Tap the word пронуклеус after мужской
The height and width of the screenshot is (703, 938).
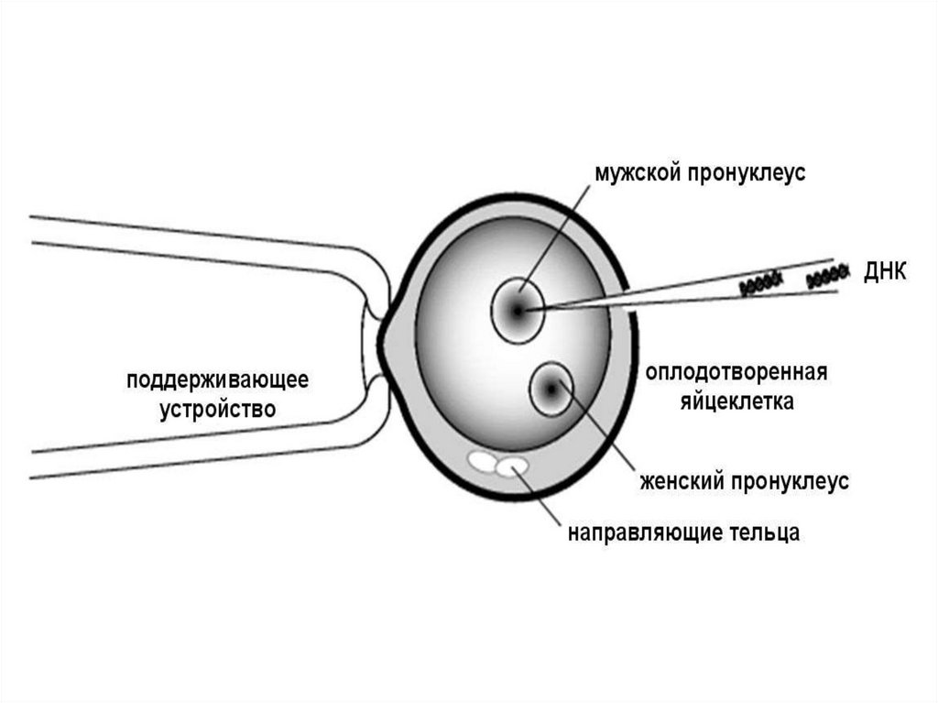coord(748,173)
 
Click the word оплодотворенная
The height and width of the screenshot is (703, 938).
coord(736,373)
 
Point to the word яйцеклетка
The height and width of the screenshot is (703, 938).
coord(736,401)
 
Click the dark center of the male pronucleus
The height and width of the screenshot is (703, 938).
coord(518,311)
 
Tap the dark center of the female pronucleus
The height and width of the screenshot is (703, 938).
coord(551,389)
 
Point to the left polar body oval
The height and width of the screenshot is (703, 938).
coord(483,461)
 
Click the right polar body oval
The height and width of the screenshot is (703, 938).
coord(512,467)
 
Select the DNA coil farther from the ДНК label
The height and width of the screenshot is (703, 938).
coord(760,284)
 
